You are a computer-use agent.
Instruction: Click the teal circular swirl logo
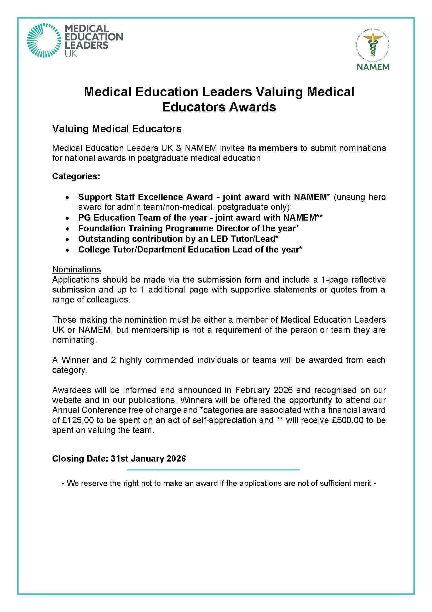44,41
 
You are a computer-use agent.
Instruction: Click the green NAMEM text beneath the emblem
373,67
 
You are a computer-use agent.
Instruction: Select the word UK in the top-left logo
71,54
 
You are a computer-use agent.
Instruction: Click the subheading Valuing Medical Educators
117,129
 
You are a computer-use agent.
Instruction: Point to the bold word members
278,148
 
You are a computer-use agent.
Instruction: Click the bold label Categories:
76,176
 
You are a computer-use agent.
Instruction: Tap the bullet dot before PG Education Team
68,218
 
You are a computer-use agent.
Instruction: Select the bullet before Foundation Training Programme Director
68,229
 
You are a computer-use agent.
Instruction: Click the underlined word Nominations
76,269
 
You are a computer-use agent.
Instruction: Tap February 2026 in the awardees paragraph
264,390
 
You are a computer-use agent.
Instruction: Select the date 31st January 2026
148,458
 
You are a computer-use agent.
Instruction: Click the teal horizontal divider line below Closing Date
213,470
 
